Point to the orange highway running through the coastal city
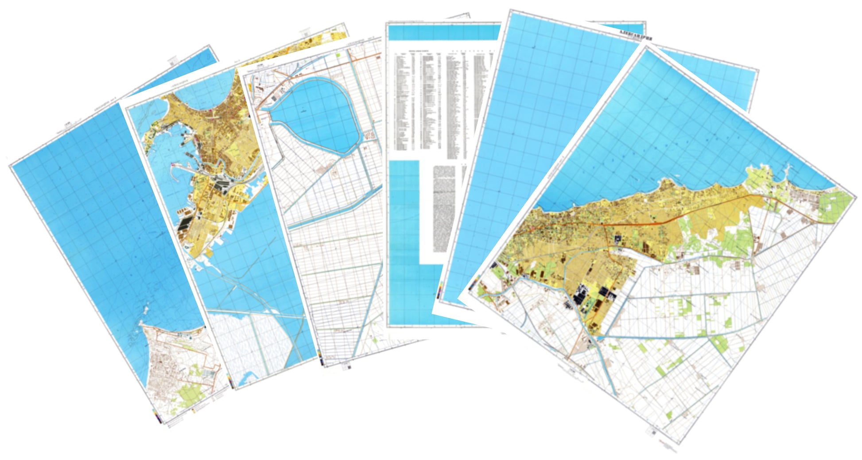click(664, 217)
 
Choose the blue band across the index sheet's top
click(443, 32)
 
